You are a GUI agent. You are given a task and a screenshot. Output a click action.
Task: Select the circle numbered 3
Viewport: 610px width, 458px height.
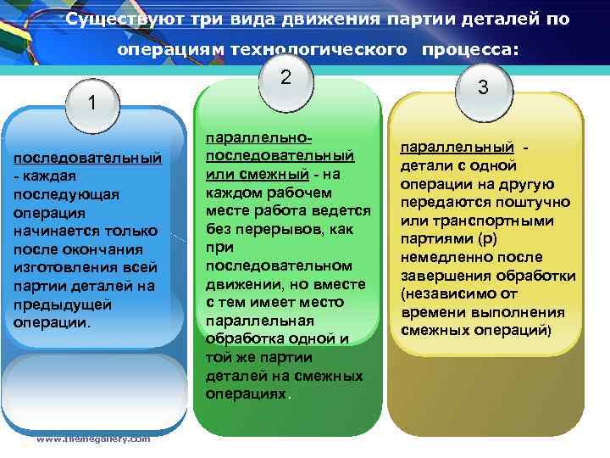coord(483,87)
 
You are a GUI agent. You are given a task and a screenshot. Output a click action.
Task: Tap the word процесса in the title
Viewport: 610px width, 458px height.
coord(466,50)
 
